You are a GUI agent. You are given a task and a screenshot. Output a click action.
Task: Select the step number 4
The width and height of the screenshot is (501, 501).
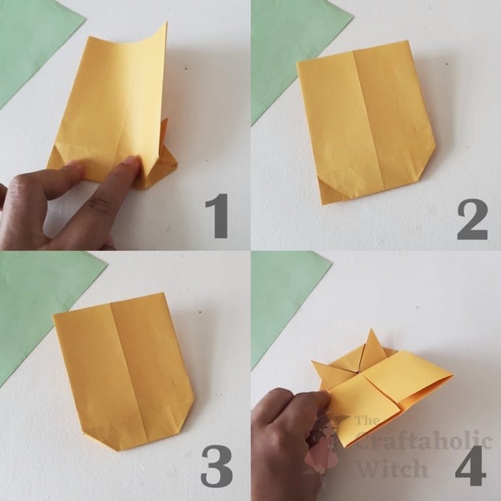point(470,464)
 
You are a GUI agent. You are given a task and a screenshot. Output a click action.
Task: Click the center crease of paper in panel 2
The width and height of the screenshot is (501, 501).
point(367,124)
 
